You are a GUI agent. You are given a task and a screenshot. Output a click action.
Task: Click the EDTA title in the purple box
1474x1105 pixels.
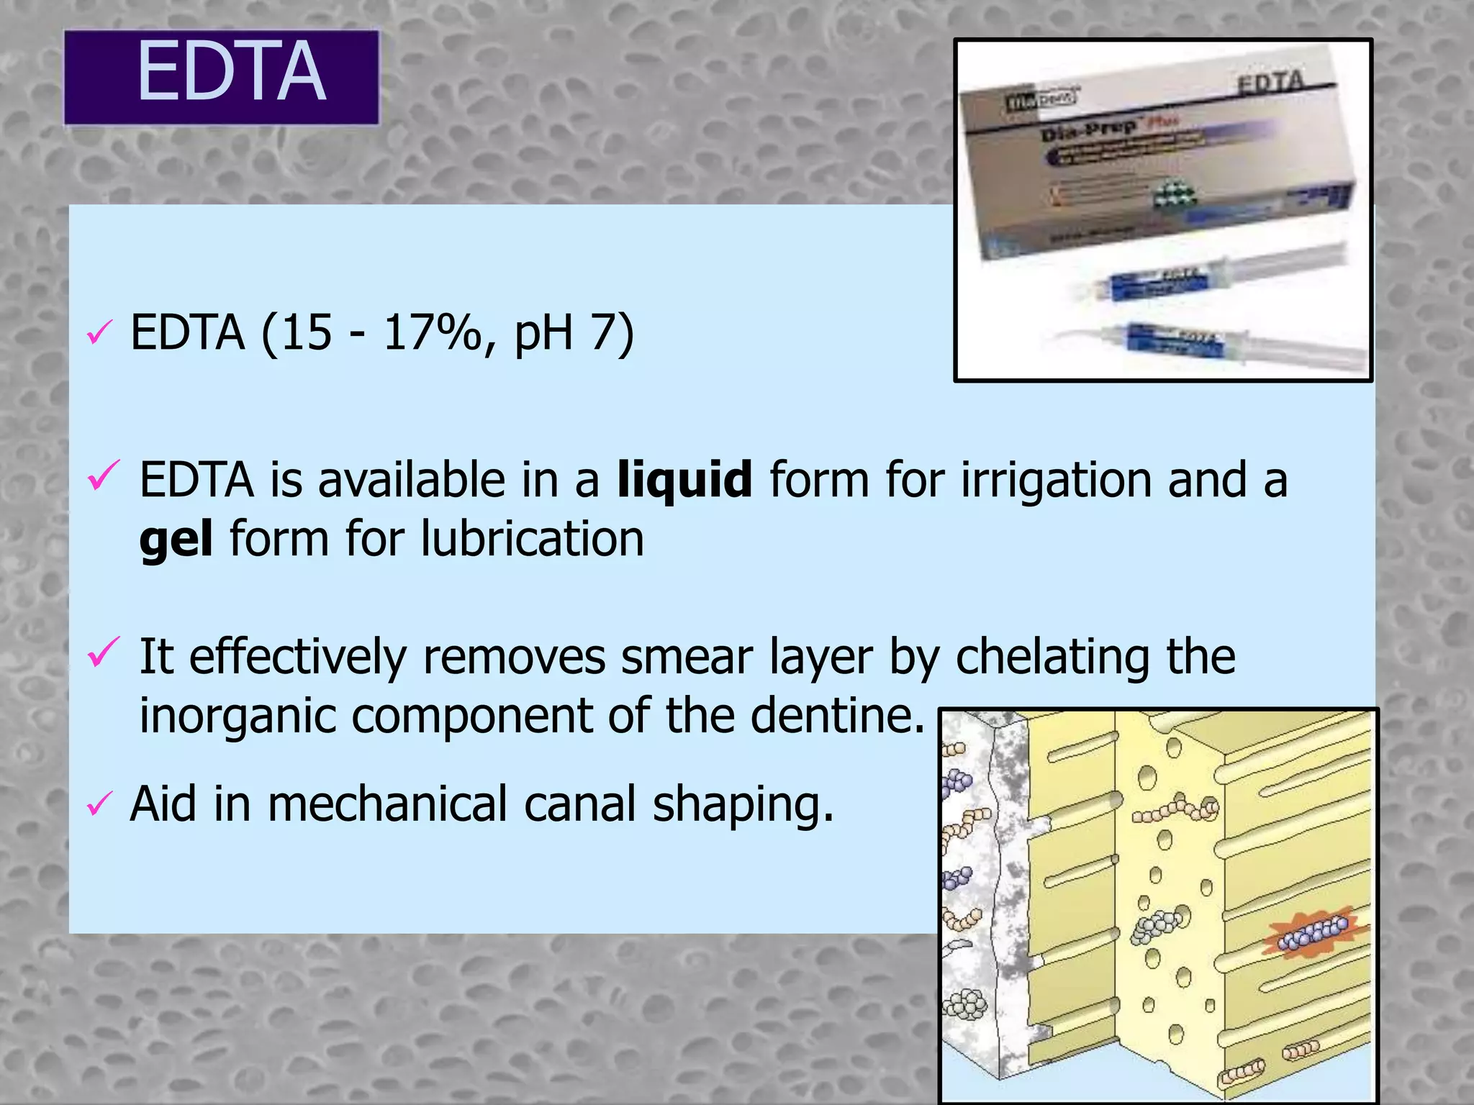[231, 73]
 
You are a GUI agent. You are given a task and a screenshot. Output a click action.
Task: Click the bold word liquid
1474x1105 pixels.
[684, 480]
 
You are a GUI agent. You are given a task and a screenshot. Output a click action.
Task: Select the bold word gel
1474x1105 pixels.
[176, 540]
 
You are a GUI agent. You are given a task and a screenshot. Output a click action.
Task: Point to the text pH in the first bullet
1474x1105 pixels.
[543, 335]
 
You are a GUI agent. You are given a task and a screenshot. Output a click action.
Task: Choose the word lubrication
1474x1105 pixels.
[532, 539]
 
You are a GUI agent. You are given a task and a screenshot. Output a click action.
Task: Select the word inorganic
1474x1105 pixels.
[238, 717]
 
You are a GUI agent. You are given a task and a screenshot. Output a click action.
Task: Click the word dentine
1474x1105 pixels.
[837, 715]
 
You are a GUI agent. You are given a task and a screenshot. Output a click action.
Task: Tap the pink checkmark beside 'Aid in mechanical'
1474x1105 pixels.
[99, 804]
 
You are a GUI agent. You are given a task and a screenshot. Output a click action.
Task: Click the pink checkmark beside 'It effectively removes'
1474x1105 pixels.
[102, 651]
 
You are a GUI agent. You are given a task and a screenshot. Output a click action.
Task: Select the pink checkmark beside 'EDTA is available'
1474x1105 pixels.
[102, 476]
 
